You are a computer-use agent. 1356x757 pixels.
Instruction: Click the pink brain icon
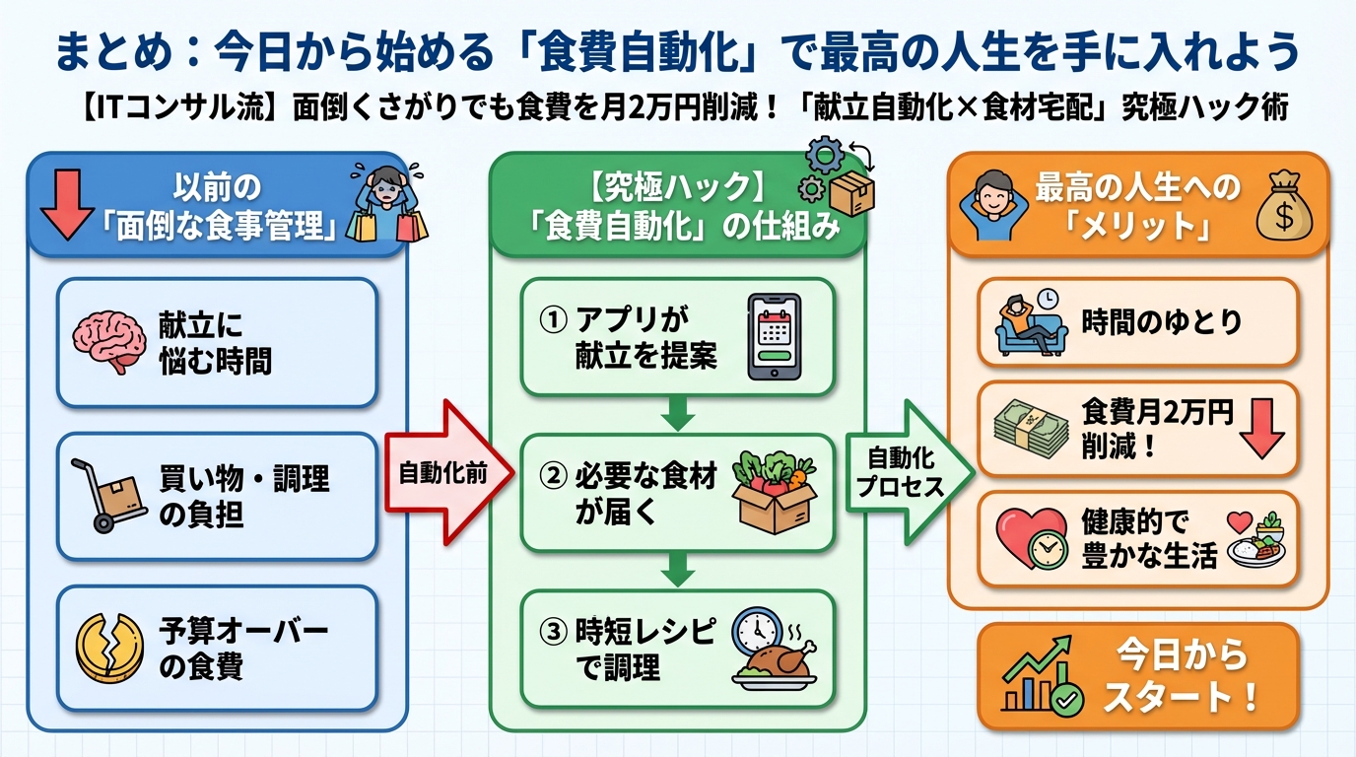109,343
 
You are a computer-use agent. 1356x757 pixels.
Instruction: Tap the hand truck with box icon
108,496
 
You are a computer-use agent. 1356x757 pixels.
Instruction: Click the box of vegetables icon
775,492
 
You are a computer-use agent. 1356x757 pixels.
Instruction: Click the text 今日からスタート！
1180,676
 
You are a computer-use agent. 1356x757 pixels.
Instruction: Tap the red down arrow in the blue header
66,204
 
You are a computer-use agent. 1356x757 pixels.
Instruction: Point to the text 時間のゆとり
1162,322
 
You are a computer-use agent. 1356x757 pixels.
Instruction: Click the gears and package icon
838,177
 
